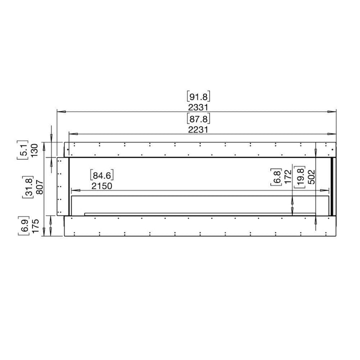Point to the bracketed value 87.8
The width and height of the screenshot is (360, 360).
click(x=198, y=118)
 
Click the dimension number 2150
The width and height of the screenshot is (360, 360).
click(x=101, y=185)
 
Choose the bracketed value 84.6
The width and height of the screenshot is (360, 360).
click(x=102, y=175)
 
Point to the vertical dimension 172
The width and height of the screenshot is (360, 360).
click(x=287, y=177)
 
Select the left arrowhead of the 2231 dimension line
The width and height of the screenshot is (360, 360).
click(x=70, y=134)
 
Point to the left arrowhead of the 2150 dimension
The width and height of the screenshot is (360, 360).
click(x=74, y=190)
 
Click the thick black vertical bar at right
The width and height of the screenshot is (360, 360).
click(x=332, y=187)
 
